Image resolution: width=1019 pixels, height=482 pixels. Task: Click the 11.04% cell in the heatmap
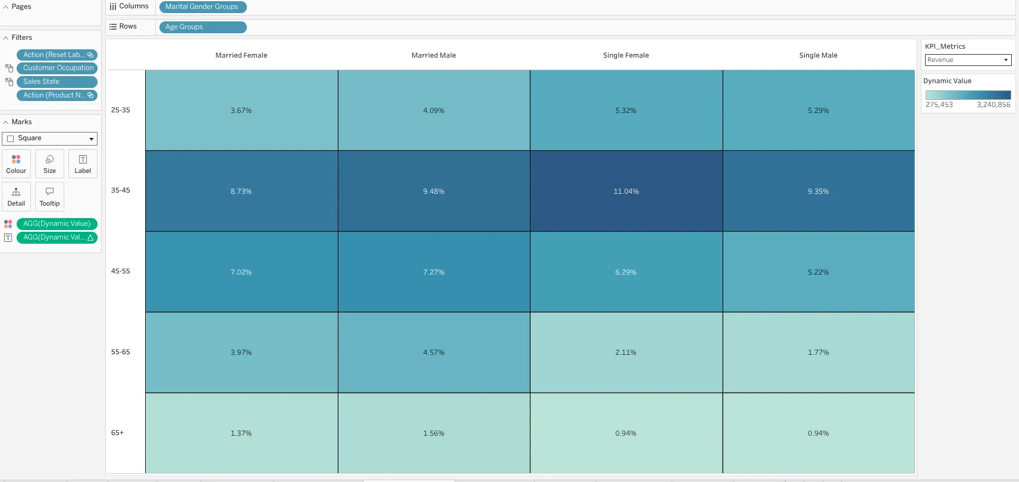[626, 191]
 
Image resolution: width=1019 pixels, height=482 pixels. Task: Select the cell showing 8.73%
[241, 191]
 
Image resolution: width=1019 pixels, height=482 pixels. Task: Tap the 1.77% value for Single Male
[819, 352]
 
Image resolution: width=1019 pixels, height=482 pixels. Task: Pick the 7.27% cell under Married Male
[434, 272]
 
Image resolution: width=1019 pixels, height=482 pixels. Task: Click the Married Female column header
[241, 55]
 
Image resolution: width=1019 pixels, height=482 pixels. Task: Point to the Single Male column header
[819, 55]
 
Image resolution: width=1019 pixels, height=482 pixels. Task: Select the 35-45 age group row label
[121, 190]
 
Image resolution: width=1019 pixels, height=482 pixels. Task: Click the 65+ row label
[117, 433]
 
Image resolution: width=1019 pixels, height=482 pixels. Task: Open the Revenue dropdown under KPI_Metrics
[968, 60]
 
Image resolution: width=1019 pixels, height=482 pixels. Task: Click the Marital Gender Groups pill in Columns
[202, 7]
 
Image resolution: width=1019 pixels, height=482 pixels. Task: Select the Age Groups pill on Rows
[202, 27]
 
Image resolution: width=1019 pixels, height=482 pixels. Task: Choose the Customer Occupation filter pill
[57, 68]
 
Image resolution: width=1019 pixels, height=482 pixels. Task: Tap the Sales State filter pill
[57, 82]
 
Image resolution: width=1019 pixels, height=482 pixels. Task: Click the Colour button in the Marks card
[17, 164]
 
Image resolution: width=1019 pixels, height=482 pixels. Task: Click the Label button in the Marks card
[83, 164]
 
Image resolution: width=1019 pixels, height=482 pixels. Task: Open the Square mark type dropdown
[49, 138]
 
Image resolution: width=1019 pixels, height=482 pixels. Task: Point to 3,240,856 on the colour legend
[993, 105]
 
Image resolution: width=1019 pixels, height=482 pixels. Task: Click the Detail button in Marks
[17, 197]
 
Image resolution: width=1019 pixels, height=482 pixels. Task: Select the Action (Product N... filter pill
[57, 96]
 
